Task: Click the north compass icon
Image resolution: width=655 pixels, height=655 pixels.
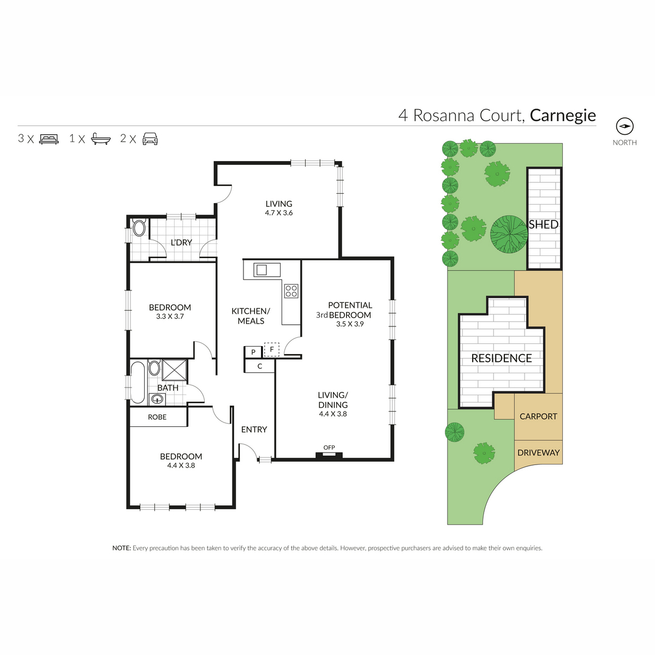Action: point(624,127)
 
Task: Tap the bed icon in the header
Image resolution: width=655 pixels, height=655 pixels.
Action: point(49,139)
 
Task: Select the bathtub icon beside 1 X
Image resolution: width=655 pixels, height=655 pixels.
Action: point(101,139)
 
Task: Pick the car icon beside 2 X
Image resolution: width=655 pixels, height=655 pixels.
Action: point(150,139)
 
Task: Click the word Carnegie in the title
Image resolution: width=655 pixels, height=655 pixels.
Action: point(563,116)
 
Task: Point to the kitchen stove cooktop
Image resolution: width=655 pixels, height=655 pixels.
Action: point(291,291)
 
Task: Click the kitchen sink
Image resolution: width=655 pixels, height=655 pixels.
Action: point(267,270)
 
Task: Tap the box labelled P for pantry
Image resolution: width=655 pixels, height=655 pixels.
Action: point(253,352)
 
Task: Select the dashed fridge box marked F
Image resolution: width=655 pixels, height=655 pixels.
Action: point(272,349)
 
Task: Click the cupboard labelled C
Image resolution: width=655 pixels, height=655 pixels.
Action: point(259,366)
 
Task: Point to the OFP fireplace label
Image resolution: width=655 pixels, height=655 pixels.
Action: point(329,448)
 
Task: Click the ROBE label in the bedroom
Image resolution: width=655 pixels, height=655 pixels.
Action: point(157,417)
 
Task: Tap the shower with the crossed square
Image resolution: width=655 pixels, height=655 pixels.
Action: point(174,370)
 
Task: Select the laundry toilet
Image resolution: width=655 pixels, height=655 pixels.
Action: point(139,228)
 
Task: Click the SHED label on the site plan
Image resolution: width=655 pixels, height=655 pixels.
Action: point(544,225)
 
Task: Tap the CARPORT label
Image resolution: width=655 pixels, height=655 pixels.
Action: point(538,416)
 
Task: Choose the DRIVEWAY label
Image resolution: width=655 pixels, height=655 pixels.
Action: point(538,452)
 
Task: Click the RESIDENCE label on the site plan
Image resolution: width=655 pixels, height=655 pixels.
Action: point(502,358)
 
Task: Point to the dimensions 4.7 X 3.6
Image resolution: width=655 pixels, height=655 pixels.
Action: point(279,213)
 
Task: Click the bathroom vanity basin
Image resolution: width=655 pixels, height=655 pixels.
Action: point(157,399)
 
